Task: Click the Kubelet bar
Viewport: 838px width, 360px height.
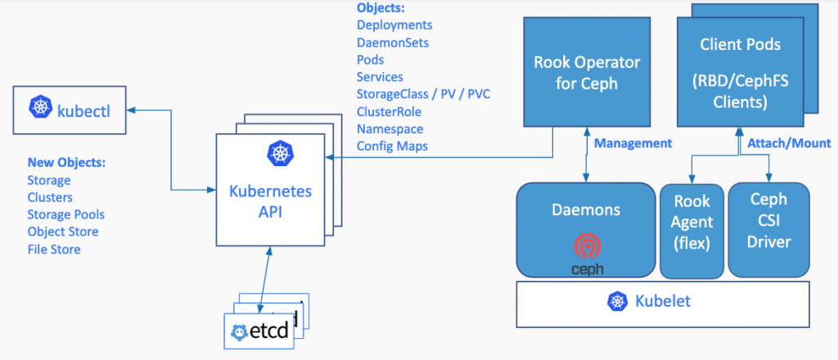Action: coord(662,302)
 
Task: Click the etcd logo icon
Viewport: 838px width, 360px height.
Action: coord(241,331)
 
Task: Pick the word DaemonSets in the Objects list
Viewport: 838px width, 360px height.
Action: coord(392,42)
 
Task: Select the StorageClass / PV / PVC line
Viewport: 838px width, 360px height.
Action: coord(423,94)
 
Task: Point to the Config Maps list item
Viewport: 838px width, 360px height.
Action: coord(392,146)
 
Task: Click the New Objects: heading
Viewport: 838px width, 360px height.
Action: coord(66,163)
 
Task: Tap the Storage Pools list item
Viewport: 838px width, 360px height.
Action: coord(65,214)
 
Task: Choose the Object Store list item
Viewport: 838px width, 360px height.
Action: coord(63,232)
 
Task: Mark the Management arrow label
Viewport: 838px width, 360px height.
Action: coord(633,143)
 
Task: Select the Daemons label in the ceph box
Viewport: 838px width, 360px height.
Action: coord(586,209)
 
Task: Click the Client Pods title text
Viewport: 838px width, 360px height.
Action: coord(740,46)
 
